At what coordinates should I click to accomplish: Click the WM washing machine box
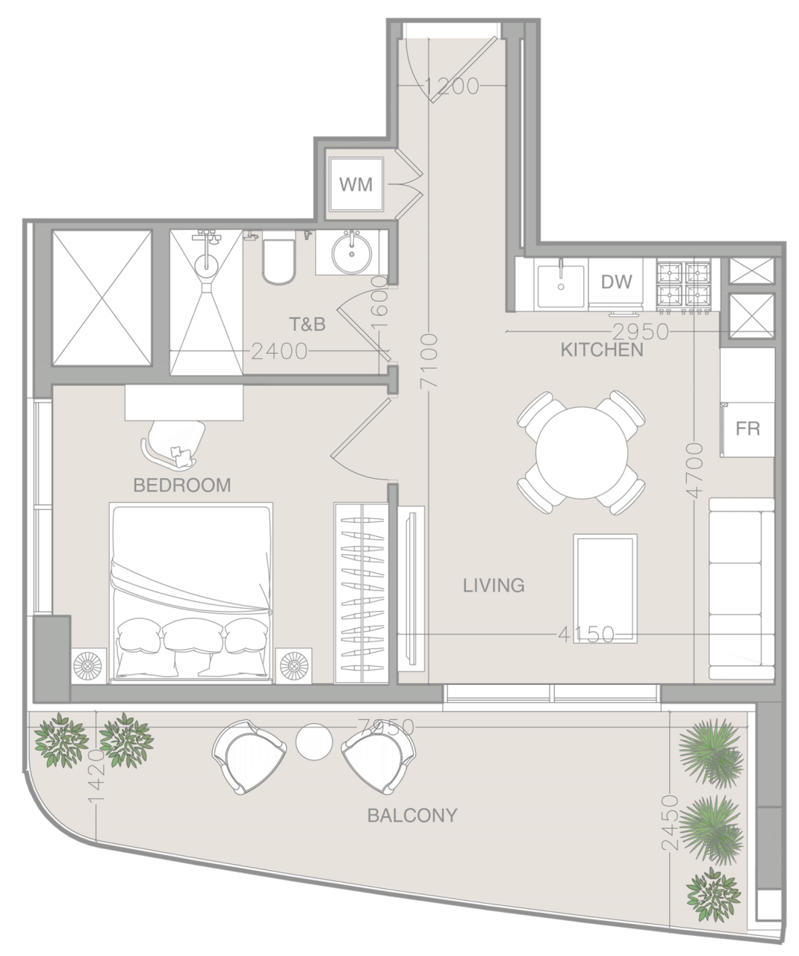click(356, 184)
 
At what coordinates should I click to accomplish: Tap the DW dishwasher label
click(616, 282)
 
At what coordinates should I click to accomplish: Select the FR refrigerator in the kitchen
click(747, 429)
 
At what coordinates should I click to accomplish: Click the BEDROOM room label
click(181, 485)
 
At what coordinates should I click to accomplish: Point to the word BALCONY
click(411, 815)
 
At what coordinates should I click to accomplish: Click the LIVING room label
click(494, 585)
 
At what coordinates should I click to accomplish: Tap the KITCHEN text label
click(602, 350)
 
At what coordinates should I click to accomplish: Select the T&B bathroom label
click(308, 324)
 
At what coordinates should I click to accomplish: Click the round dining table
click(582, 452)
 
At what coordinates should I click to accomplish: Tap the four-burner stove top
click(683, 285)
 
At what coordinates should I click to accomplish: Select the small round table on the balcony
click(314, 742)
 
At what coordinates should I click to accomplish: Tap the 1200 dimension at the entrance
click(453, 87)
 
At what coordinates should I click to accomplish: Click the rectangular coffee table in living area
click(605, 588)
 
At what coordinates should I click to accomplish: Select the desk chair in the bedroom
click(174, 442)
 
